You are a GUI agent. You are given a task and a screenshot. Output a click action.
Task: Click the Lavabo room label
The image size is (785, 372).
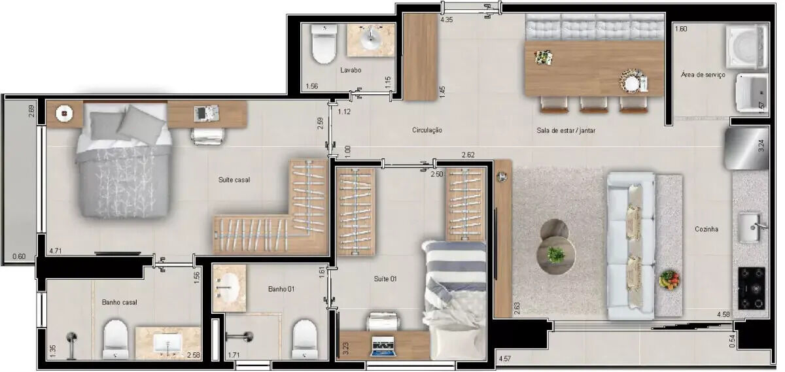pos(351,70)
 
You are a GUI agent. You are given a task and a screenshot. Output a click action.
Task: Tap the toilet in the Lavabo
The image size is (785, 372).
pos(324,43)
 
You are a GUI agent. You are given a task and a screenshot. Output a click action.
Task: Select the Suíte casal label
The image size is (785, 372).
pos(234,180)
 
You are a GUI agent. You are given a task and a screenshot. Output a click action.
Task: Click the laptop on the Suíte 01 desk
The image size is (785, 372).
pos(383,347)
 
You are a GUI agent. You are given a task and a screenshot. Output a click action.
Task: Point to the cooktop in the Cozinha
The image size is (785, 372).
pos(752,288)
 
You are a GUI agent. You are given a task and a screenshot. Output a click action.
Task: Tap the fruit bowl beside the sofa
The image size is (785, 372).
pos(669,280)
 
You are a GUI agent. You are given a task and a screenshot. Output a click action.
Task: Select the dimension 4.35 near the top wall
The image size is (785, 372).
pos(446,20)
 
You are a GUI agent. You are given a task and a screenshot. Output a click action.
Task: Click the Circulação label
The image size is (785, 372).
pos(427,130)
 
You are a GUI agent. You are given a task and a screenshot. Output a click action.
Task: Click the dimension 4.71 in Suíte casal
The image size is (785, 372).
pos(56,251)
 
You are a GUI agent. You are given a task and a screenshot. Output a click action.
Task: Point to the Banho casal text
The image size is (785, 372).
pos(120,302)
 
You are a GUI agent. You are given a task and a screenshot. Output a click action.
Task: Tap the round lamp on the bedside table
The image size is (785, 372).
pos(65,113)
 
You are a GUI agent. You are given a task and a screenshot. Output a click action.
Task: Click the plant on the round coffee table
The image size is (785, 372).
pos(555,254)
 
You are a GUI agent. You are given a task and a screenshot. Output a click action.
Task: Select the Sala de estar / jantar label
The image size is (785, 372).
pos(566,130)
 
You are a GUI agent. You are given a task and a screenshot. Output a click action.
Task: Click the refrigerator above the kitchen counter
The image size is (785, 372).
pos(746,148)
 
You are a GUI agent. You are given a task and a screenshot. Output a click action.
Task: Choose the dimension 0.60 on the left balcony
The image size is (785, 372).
pos(19,256)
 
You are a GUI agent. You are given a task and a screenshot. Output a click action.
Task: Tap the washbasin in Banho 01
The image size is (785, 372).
pos(229,288)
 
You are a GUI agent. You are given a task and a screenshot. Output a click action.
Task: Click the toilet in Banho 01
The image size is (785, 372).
pos(305,339)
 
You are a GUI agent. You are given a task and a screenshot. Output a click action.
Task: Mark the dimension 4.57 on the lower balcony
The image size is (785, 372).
pos(505,359)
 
